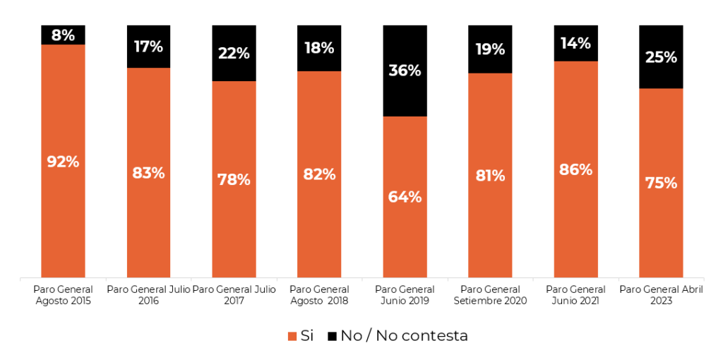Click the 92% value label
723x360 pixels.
pyautogui.click(x=63, y=162)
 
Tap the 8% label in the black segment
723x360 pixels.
pyautogui.click(x=63, y=35)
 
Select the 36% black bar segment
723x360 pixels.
pyautogui.click(x=405, y=71)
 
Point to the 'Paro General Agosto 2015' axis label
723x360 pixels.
pyautogui.click(x=63, y=295)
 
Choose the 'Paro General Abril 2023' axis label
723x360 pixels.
pyautogui.click(x=662, y=295)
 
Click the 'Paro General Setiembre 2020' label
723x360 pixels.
pyautogui.click(x=490, y=295)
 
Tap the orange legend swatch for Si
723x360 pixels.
pyautogui.click(x=292, y=337)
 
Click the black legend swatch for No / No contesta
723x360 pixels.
pyautogui.click(x=332, y=337)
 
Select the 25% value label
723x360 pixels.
pyautogui.click(x=662, y=57)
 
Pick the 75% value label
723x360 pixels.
pyautogui.click(x=662, y=184)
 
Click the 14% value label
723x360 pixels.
pyautogui.click(x=575, y=44)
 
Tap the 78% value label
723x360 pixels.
pyautogui.click(x=234, y=180)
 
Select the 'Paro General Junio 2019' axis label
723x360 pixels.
pyautogui.click(x=405, y=295)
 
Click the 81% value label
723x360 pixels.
pyautogui.click(x=490, y=176)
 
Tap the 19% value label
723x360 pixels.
pyautogui.click(x=490, y=49)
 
